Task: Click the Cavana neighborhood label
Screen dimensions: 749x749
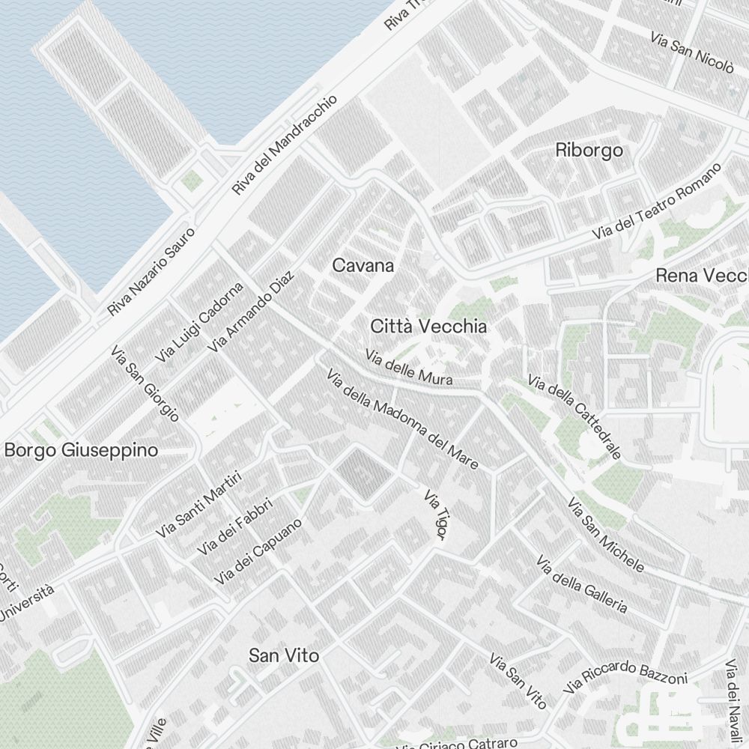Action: [363, 265]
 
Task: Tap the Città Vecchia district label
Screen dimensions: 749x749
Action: [428, 327]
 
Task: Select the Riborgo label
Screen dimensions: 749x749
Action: [589, 150]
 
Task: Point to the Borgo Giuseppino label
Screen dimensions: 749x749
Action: [81, 450]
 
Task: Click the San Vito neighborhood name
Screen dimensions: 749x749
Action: [284, 655]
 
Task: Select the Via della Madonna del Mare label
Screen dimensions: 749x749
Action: [402, 419]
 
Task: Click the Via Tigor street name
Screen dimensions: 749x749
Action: [435, 515]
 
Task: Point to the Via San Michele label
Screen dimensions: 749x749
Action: [605, 534]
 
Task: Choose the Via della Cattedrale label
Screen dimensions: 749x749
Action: [574, 416]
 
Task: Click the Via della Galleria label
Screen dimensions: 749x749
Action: [582, 583]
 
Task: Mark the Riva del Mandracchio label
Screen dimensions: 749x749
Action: [285, 145]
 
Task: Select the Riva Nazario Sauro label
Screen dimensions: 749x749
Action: [151, 272]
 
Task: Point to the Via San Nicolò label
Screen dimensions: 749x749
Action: [691, 52]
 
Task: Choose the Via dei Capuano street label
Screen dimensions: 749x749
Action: [258, 552]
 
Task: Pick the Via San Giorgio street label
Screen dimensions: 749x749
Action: [145, 383]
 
